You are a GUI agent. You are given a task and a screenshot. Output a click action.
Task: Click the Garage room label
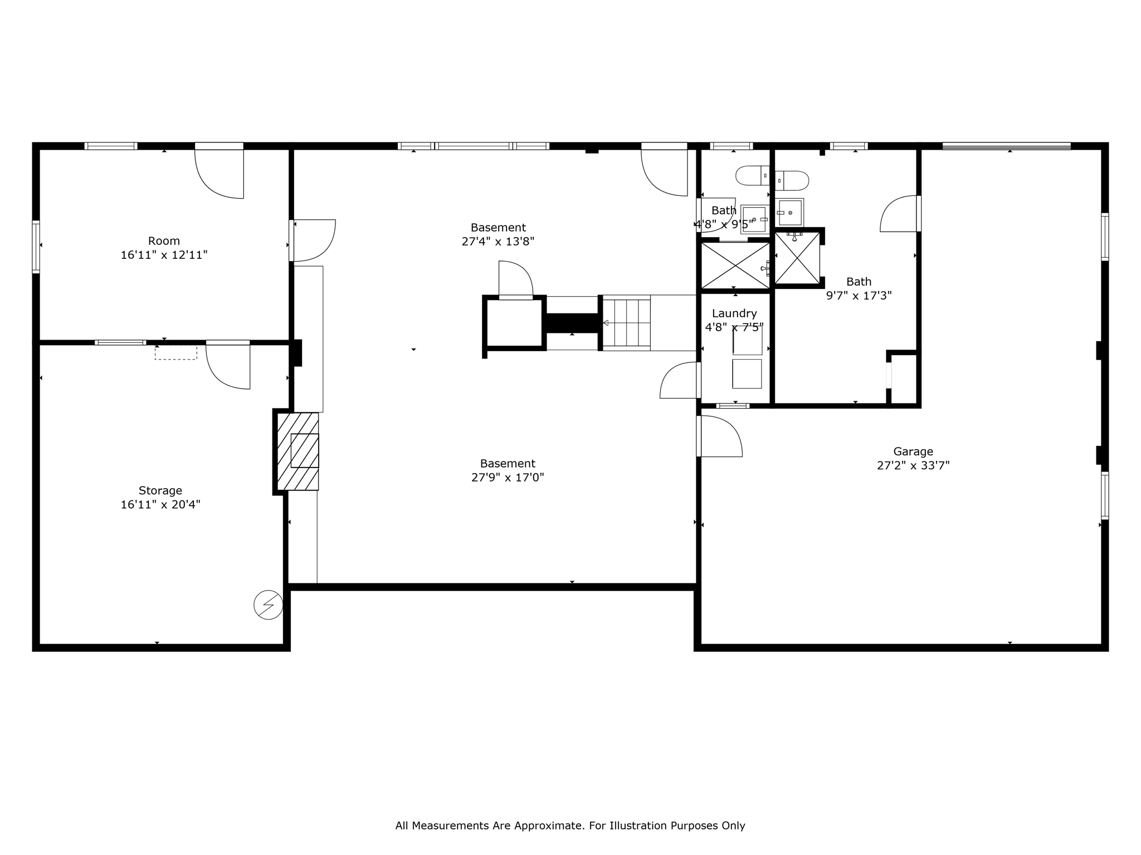(913, 451)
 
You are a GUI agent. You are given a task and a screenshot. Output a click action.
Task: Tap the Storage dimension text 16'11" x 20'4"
(160, 505)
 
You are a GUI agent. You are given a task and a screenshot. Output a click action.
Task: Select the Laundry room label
(734, 313)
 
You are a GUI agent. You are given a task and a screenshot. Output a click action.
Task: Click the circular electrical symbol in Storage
(268, 605)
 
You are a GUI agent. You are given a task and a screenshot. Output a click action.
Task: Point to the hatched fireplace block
(299, 451)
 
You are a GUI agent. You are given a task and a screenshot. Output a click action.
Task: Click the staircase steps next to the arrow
(627, 323)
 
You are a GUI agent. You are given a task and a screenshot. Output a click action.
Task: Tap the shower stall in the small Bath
(735, 266)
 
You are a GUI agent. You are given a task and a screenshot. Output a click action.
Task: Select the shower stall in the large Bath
(797, 258)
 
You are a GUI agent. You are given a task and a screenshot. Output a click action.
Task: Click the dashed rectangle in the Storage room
(175, 352)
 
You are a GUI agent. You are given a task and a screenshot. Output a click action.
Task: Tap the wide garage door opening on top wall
(1006, 146)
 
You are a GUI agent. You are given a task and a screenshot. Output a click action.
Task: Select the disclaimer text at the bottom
(570, 825)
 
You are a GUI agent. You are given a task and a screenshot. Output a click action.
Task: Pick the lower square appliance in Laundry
(747, 374)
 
